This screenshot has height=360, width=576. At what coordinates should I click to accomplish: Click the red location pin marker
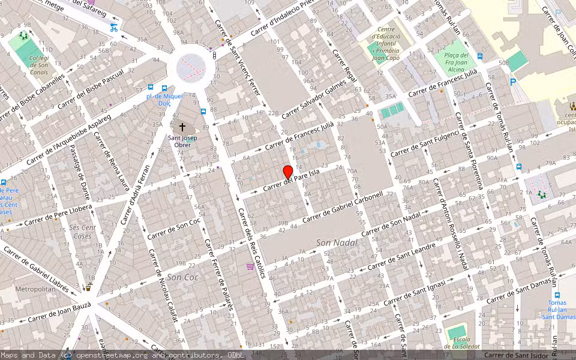pyautogui.click(x=287, y=172)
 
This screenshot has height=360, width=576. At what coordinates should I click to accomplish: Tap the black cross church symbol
pyautogui.click(x=182, y=128)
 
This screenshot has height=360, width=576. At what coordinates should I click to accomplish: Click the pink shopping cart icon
pyautogui.click(x=250, y=266)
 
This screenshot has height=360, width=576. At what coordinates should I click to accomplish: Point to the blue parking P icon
pyautogui.click(x=512, y=82)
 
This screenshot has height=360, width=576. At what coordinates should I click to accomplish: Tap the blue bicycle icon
pyautogui.click(x=114, y=28)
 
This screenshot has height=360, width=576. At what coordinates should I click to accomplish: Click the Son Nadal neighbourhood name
pyautogui.click(x=336, y=242)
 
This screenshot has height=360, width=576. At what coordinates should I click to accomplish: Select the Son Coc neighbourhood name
pyautogui.click(x=182, y=277)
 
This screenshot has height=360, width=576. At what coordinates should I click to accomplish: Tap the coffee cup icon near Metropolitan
pyautogui.click(x=88, y=287)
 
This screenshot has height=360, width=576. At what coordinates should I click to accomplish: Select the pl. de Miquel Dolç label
pyautogui.click(x=164, y=99)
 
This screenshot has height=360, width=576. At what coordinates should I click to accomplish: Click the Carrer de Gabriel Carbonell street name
pyautogui.click(x=343, y=207)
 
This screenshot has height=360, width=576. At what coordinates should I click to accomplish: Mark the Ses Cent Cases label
pyautogui.click(x=82, y=232)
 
